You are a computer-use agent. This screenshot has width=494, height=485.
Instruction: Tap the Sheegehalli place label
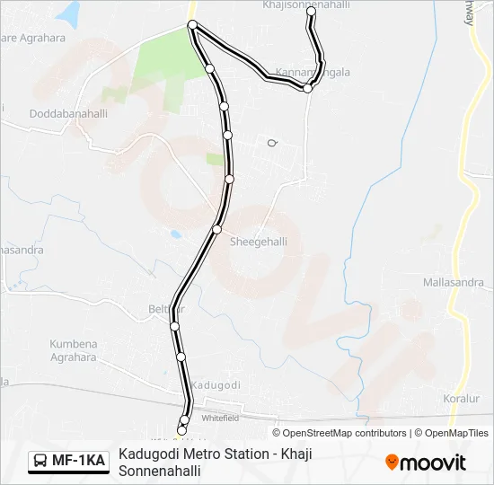[x=259, y=242]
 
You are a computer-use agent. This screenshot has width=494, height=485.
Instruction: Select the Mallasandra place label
[x=453, y=282]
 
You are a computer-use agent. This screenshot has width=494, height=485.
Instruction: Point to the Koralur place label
[x=463, y=398]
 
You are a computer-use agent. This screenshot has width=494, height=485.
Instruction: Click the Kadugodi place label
[x=216, y=384]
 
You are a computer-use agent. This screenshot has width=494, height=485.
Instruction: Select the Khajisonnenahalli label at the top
[x=307, y=5]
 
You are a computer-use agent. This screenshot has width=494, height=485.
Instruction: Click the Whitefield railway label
[x=219, y=418]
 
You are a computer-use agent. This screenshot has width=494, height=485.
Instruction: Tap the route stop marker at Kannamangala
[x=307, y=88]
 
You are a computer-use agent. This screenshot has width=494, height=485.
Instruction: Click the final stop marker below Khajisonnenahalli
[x=312, y=24]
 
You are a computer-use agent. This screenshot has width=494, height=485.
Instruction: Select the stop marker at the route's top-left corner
[x=191, y=24]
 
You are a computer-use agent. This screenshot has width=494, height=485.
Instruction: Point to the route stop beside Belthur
[x=174, y=325]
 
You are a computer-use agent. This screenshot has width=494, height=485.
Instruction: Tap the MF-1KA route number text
[x=78, y=461]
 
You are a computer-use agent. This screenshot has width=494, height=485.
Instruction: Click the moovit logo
[x=426, y=462]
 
